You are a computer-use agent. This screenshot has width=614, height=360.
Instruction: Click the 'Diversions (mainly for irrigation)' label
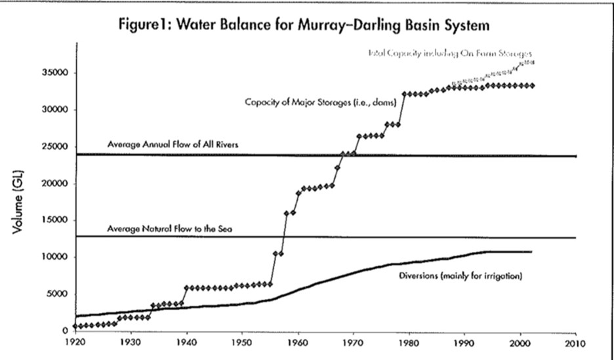tap(460, 276)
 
